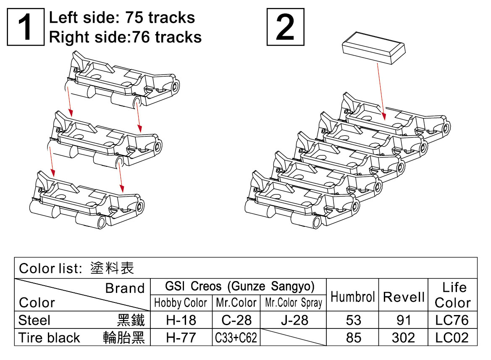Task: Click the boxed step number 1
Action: (x=25, y=27)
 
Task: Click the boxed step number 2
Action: (x=285, y=27)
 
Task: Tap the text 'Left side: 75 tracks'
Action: (x=122, y=18)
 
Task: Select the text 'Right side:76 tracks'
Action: (x=125, y=37)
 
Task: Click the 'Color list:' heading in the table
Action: (x=50, y=268)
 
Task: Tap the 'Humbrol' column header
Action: (x=352, y=297)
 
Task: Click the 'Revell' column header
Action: (x=404, y=297)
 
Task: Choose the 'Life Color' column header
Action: (x=453, y=295)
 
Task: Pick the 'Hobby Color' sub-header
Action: (x=181, y=303)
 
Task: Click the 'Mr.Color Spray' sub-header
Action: (x=293, y=303)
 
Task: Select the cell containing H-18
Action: (x=181, y=321)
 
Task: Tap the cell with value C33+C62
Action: (x=236, y=338)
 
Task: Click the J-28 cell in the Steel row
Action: (x=293, y=321)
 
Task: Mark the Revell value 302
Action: (x=403, y=338)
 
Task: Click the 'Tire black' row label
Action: (x=49, y=338)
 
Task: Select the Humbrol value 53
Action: (x=353, y=321)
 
